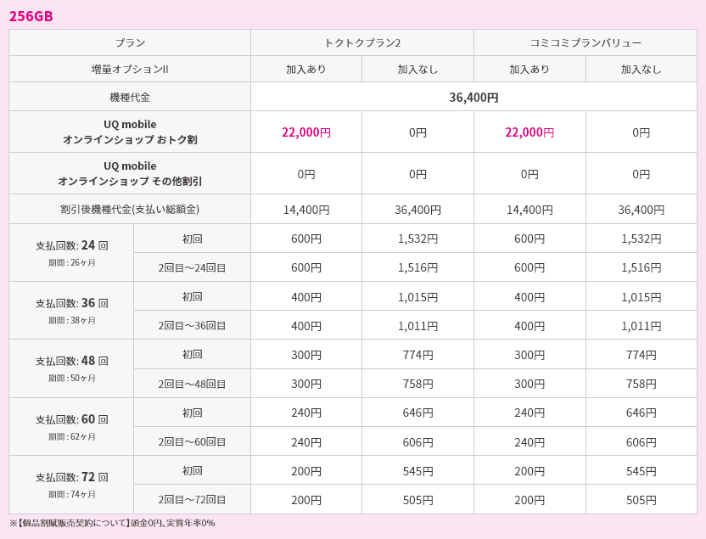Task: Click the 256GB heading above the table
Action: [x=31, y=16]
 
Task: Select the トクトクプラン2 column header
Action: [x=362, y=42]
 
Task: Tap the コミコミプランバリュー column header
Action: [x=586, y=42]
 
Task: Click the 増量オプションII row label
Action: [x=130, y=70]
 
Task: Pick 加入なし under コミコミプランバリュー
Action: [x=641, y=70]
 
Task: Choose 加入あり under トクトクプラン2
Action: [x=306, y=70]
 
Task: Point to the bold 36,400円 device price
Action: [x=473, y=97]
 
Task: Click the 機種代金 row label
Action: [x=130, y=98]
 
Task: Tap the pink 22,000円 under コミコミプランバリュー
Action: [x=529, y=132]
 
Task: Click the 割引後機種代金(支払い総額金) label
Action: [x=130, y=209]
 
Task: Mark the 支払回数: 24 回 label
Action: [x=72, y=245]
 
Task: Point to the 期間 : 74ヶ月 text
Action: [x=72, y=494]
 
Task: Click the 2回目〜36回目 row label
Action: [x=192, y=325]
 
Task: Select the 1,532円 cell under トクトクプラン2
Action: [x=417, y=239]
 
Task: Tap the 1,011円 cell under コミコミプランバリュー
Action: [x=641, y=325]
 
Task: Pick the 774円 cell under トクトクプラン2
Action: [x=417, y=355]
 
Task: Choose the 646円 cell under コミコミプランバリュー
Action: [x=641, y=413]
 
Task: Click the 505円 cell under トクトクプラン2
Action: [x=417, y=500]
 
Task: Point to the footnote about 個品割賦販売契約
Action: [x=112, y=523]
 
